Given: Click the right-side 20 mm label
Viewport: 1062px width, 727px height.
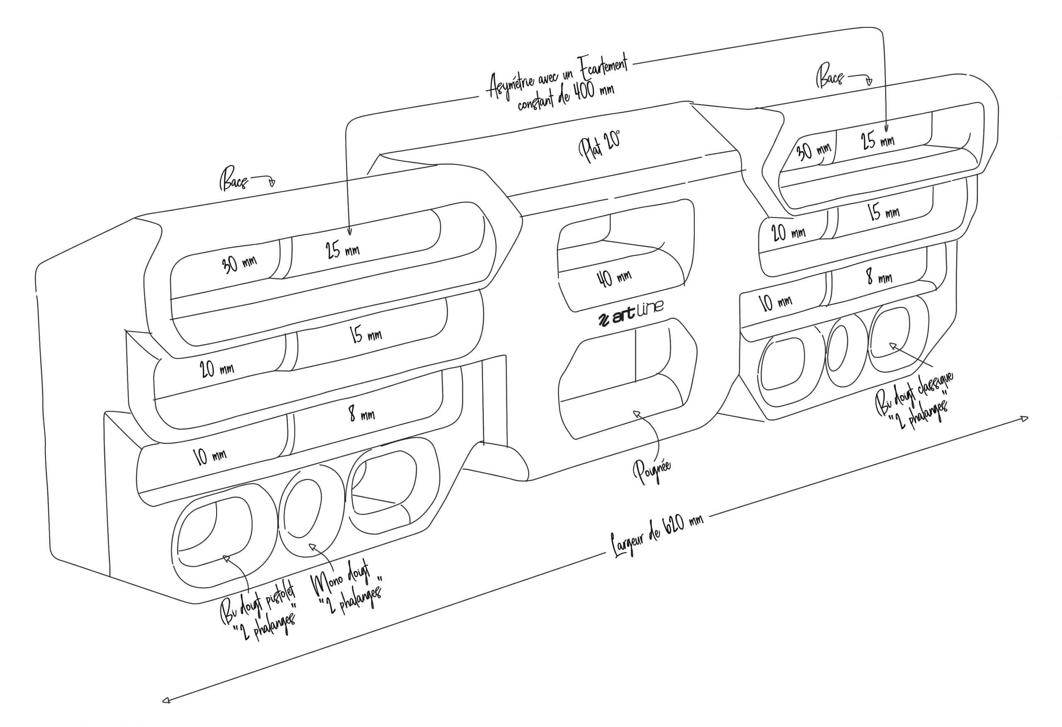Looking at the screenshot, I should coord(788,233).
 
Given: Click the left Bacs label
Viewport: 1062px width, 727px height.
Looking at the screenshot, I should coord(235,181).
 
